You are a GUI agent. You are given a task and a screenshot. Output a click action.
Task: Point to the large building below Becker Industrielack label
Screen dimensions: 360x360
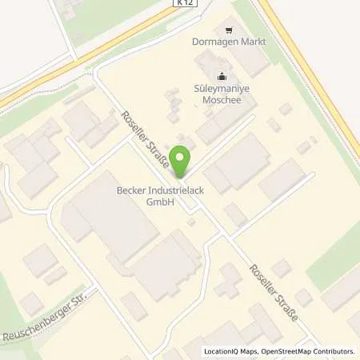click(x=112, y=220)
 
